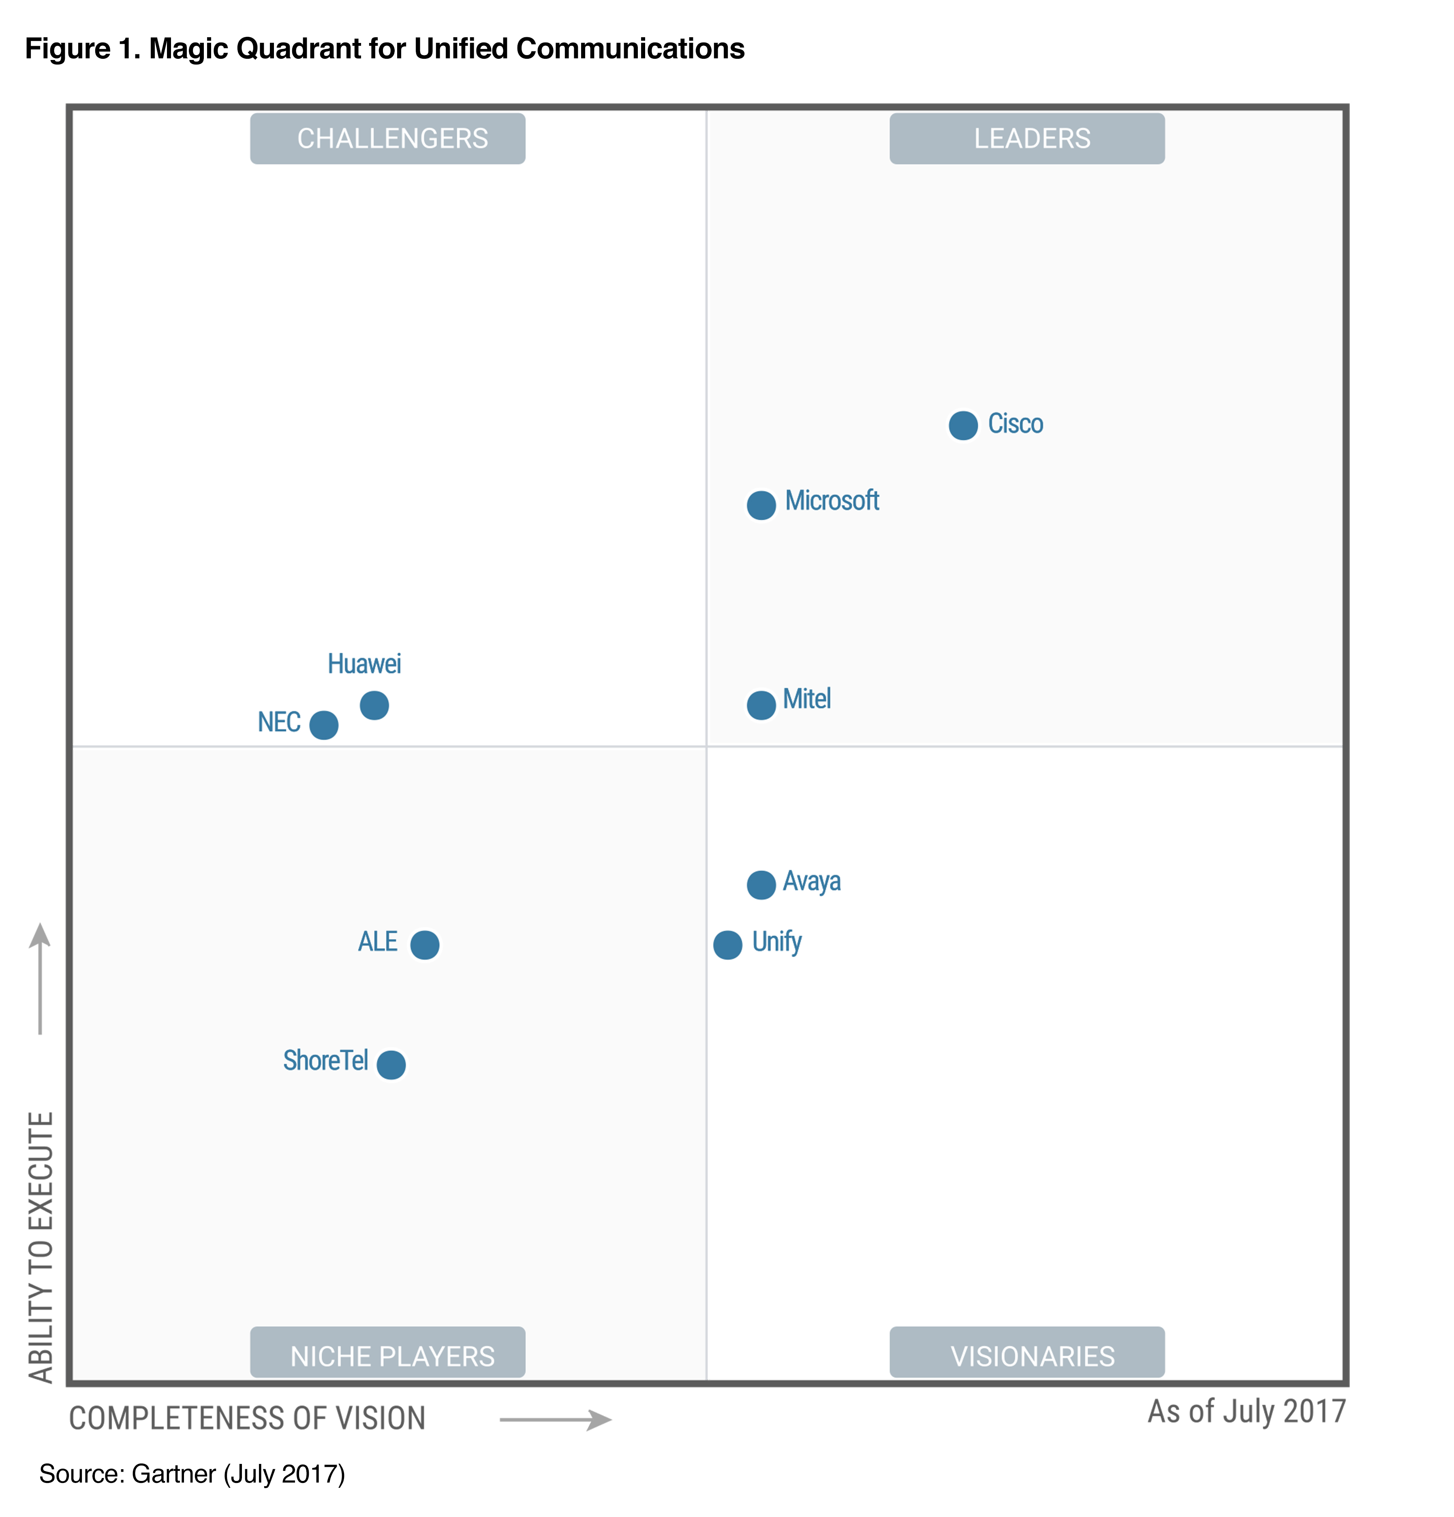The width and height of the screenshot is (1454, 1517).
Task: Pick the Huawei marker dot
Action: point(374,705)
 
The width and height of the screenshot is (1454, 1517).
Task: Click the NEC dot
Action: point(324,725)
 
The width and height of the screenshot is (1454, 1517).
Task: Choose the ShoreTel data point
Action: point(391,1064)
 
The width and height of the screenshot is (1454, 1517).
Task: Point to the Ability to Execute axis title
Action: point(40,1246)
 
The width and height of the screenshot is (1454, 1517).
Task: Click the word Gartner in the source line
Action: point(174,1474)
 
